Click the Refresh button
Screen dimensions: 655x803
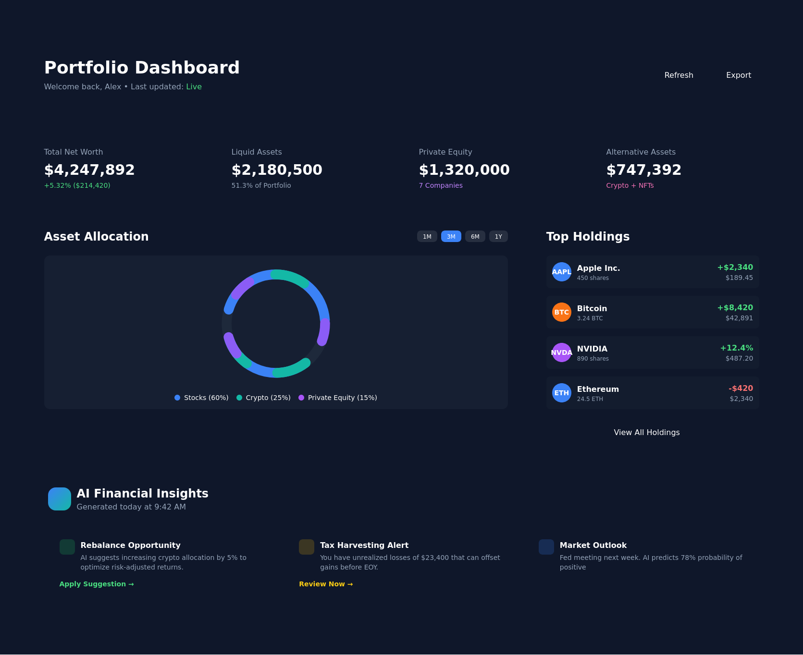click(x=679, y=75)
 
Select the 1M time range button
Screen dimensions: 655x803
click(x=427, y=237)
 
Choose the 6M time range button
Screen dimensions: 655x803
click(x=475, y=237)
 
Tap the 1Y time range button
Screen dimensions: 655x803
click(x=498, y=237)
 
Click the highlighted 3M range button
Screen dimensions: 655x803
click(x=451, y=237)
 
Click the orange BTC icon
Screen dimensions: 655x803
click(x=561, y=312)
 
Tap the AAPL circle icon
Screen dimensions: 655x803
click(x=561, y=272)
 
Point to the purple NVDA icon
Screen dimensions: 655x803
click(x=561, y=352)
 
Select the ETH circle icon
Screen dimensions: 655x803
click(x=561, y=393)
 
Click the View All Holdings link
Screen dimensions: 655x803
click(x=646, y=433)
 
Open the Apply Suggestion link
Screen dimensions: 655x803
click(x=97, y=584)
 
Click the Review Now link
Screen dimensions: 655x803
click(x=326, y=584)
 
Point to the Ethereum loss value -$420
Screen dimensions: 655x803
click(x=741, y=388)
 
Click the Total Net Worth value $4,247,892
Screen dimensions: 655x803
click(x=89, y=170)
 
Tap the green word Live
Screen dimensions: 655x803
click(x=194, y=87)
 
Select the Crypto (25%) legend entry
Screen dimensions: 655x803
click(x=263, y=398)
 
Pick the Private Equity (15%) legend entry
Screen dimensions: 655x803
click(x=338, y=398)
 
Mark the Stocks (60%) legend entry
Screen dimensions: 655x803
click(x=201, y=398)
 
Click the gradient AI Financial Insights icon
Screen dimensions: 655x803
click(x=60, y=499)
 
